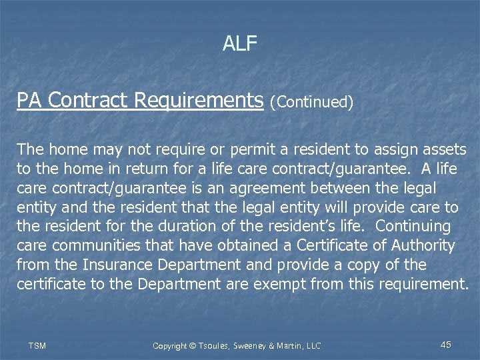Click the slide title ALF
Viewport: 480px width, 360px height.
pos(240,44)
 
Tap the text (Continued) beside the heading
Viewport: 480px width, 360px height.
pos(311,102)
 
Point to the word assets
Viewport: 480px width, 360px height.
pos(443,149)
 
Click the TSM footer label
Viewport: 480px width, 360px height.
pos(37,345)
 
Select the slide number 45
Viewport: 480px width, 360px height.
pos(446,345)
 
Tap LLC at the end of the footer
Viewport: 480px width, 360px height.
pos(312,345)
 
